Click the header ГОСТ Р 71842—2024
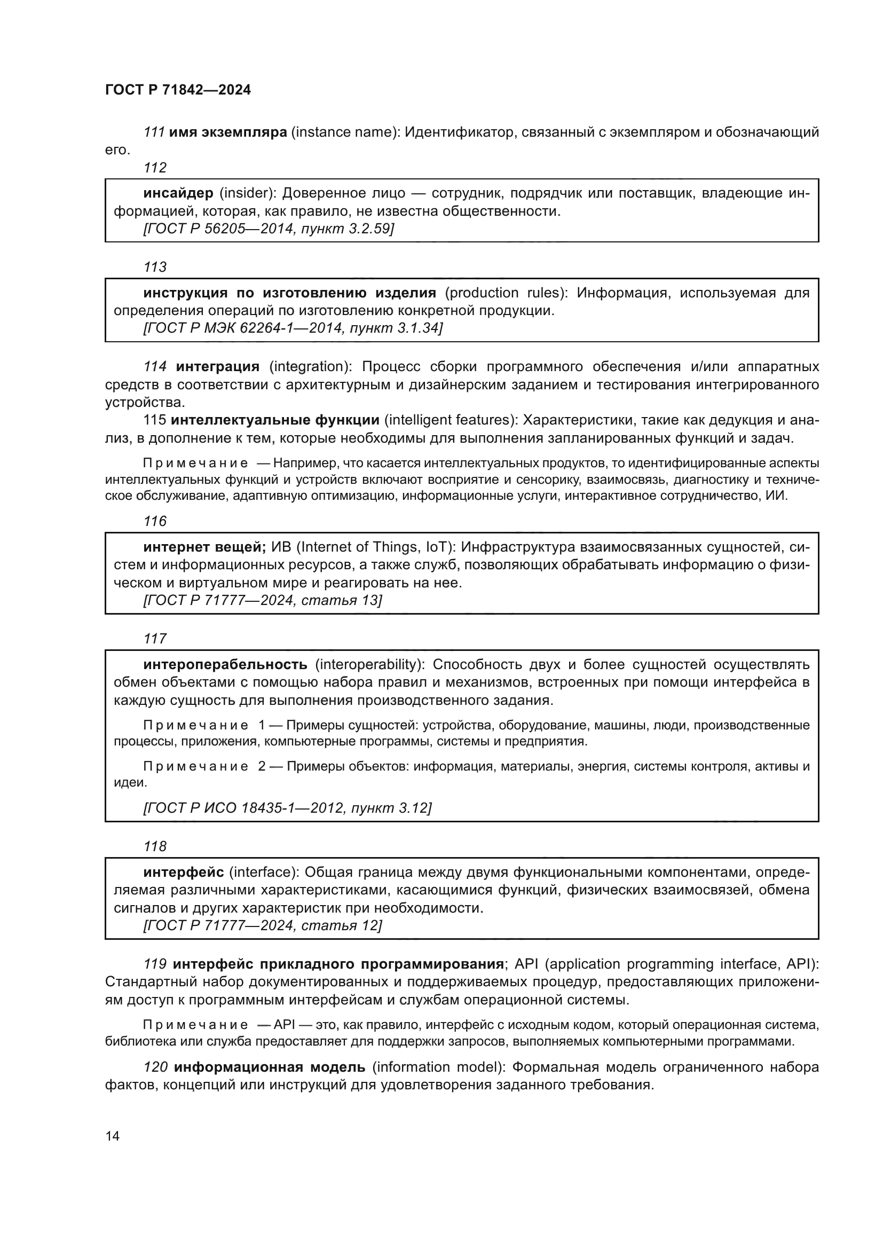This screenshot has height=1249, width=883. coord(178,90)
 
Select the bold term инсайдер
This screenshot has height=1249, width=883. coord(178,193)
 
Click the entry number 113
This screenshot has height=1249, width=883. coord(155,267)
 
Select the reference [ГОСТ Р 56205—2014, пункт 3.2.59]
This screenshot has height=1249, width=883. coord(269,229)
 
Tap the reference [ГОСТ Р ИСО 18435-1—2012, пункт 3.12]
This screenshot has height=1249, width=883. coord(287,808)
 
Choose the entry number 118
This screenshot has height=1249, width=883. coord(155,846)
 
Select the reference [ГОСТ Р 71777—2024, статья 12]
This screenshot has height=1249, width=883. coord(263,925)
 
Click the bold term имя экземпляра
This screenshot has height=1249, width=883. coord(228,132)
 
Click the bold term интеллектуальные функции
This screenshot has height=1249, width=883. coord(274,420)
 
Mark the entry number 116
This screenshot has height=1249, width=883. coord(155,521)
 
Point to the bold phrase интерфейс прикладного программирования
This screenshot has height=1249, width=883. coord(337,964)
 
